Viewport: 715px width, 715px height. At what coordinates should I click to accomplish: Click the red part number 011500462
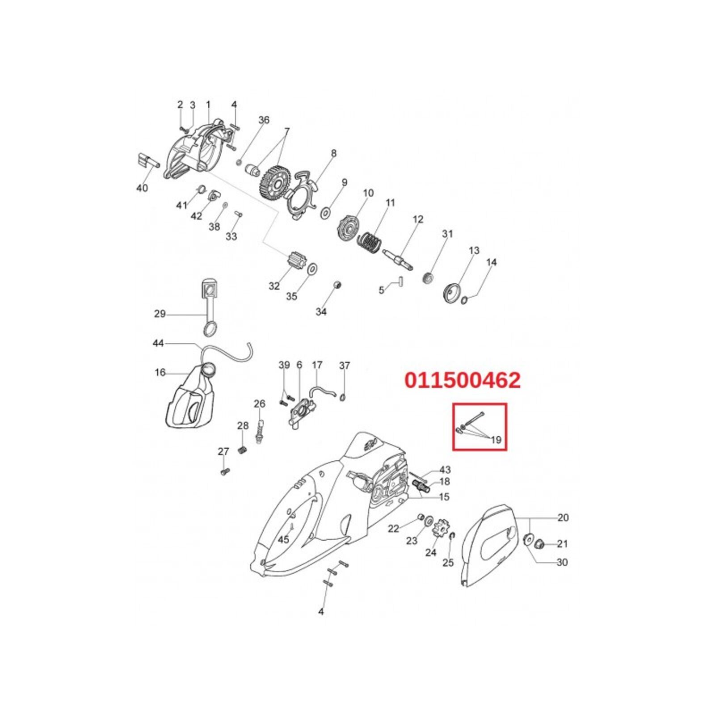(463, 380)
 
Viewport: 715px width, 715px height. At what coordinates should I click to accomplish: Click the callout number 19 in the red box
(496, 440)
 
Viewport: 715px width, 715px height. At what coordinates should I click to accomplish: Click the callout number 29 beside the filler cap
(160, 314)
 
